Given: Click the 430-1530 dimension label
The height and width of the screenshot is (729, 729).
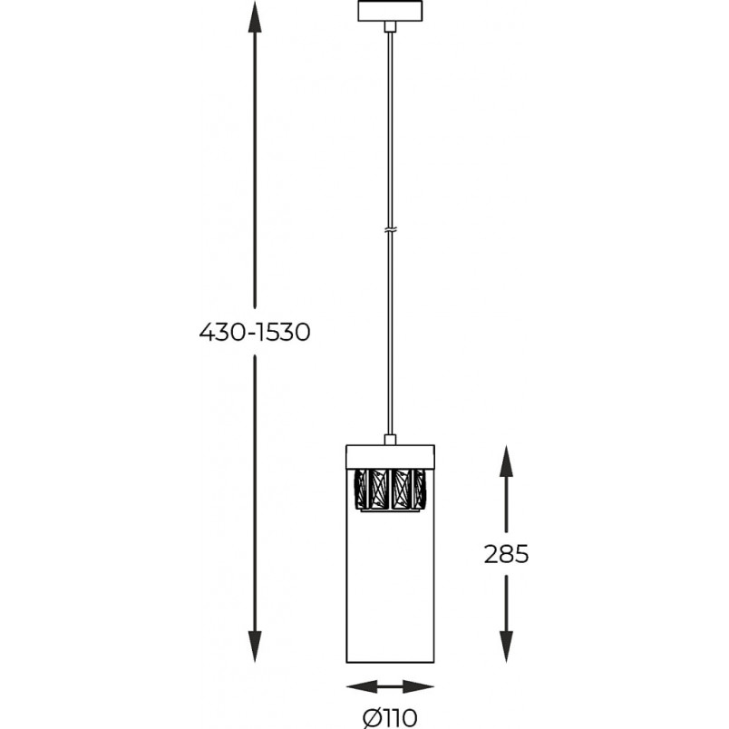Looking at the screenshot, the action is (254, 333).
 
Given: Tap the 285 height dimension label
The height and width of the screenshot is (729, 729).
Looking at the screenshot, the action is (506, 554).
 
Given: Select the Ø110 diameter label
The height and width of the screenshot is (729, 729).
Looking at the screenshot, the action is (390, 718).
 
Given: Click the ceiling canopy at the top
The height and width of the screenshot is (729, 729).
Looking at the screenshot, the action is (390, 11).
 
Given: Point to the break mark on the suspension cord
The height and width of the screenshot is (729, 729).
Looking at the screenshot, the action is (390, 230).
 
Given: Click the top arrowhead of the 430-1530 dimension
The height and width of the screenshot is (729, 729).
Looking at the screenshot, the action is (254, 17).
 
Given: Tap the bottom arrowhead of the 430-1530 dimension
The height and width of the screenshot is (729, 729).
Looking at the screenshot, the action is (254, 646).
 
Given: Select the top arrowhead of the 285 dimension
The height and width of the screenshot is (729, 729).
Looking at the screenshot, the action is (506, 461).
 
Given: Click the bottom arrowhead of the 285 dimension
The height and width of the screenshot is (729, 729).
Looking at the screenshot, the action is (506, 646).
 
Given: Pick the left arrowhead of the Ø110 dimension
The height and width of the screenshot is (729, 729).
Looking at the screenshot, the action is (362, 686).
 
